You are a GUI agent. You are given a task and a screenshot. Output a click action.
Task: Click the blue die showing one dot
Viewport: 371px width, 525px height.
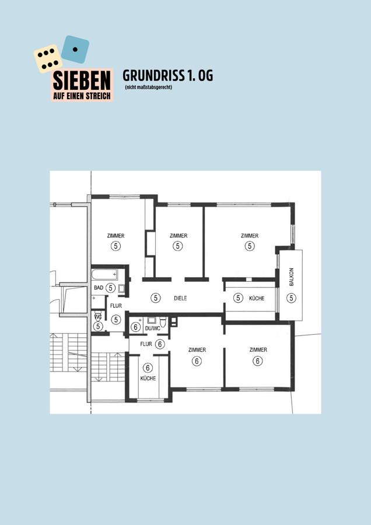click(75, 49)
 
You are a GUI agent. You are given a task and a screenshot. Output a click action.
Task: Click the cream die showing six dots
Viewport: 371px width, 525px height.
click(48, 58)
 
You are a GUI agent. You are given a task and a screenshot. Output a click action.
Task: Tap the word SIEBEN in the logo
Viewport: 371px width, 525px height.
click(82, 80)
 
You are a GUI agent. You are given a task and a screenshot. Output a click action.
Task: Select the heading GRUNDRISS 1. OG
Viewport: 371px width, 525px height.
click(168, 76)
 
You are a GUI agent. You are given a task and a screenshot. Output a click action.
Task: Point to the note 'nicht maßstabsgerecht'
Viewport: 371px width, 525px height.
click(148, 87)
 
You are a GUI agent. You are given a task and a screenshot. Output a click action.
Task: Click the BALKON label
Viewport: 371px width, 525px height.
click(291, 277)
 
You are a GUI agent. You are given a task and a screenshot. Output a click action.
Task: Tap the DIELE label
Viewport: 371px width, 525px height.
click(180, 298)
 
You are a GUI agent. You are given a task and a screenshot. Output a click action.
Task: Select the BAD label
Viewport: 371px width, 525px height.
click(99, 288)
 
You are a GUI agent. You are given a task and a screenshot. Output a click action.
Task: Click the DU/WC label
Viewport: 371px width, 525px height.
click(152, 328)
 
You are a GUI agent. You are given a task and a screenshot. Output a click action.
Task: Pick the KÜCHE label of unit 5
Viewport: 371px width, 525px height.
click(257, 298)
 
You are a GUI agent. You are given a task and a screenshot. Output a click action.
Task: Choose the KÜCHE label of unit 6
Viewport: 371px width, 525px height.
click(148, 379)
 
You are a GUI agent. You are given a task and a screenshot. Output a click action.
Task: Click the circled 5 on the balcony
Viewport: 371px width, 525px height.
click(291, 297)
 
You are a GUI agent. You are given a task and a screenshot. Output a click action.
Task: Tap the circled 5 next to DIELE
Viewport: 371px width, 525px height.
click(155, 297)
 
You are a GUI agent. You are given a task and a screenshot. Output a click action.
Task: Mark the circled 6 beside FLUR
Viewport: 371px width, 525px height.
click(160, 344)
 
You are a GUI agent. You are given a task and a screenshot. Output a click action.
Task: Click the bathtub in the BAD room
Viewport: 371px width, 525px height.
click(105, 275)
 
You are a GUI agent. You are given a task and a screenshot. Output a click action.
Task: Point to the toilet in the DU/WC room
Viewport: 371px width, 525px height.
click(163, 322)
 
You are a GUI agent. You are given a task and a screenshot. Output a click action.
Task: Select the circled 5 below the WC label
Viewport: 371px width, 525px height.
click(98, 326)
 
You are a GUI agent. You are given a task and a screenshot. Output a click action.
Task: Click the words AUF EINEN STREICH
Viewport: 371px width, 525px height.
click(82, 96)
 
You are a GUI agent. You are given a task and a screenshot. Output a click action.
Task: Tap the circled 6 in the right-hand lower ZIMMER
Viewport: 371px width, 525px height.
click(257, 361)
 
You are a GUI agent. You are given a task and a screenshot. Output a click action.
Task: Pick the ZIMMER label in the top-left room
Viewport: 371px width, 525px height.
click(116, 236)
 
